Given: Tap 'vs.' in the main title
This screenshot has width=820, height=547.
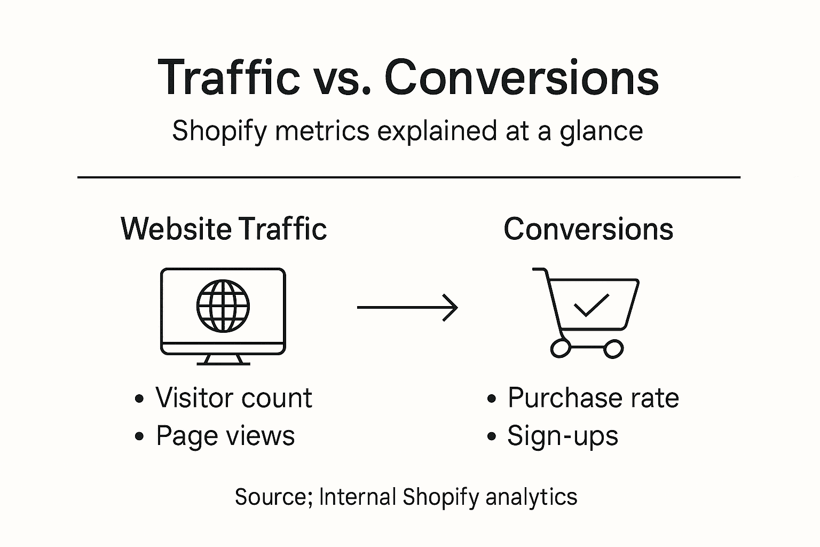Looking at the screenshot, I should click(x=342, y=77).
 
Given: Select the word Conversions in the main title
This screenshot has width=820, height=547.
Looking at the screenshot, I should click(x=521, y=77).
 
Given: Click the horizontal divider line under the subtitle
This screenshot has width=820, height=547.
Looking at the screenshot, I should click(x=409, y=177).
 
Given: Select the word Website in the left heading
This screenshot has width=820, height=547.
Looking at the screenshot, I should click(x=176, y=229).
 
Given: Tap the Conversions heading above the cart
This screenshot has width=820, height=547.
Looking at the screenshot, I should click(x=588, y=229).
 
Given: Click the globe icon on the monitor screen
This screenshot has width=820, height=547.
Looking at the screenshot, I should click(x=223, y=306).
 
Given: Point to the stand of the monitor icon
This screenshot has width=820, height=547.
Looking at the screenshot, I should click(x=223, y=360).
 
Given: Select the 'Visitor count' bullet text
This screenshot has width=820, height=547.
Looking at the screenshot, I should click(x=233, y=398).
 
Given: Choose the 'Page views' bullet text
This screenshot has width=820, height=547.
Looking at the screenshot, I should click(x=225, y=436).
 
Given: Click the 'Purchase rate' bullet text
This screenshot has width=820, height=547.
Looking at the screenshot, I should click(x=593, y=398).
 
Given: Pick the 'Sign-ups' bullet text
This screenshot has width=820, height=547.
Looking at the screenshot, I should click(x=563, y=436).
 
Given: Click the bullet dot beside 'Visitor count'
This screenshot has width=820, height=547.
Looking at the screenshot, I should click(x=139, y=399).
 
